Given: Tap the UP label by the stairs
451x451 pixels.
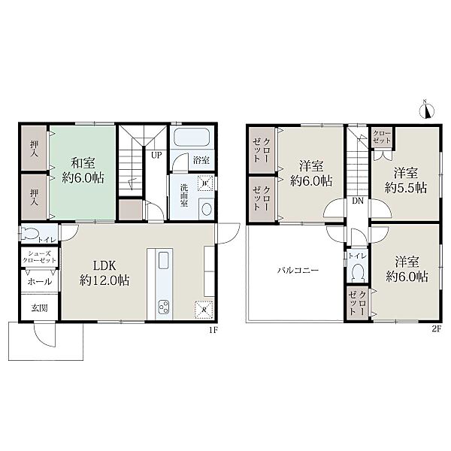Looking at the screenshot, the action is coord(156,156).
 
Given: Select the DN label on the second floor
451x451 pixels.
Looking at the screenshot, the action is coord(358,201).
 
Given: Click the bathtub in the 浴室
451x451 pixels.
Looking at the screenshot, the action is coord(192,138).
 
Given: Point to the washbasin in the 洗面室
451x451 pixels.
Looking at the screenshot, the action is coord(207,209).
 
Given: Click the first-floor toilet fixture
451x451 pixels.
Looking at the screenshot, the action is coord(29,234).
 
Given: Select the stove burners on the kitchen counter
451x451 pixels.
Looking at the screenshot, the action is coord(164,307).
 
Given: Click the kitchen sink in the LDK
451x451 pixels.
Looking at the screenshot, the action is coord(164,260).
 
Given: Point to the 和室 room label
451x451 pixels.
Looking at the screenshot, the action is coord(83,163).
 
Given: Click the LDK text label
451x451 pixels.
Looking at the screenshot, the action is coord(104,266).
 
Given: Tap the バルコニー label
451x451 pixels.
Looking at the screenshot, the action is coord(298,271).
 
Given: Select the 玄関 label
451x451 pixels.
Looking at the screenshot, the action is coord(39,308).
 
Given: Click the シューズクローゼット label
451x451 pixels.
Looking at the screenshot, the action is coord(40,257).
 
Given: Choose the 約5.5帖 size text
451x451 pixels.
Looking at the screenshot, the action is coord(406,188).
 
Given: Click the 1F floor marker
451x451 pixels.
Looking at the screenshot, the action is coord(213,331).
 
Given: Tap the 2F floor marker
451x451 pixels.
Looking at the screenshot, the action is coord(436,330).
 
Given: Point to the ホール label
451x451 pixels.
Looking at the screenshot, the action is coord(40,282).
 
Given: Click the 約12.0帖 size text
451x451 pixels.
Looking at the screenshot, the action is coord(104,280).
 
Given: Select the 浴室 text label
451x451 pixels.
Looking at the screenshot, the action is coord(201,160).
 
